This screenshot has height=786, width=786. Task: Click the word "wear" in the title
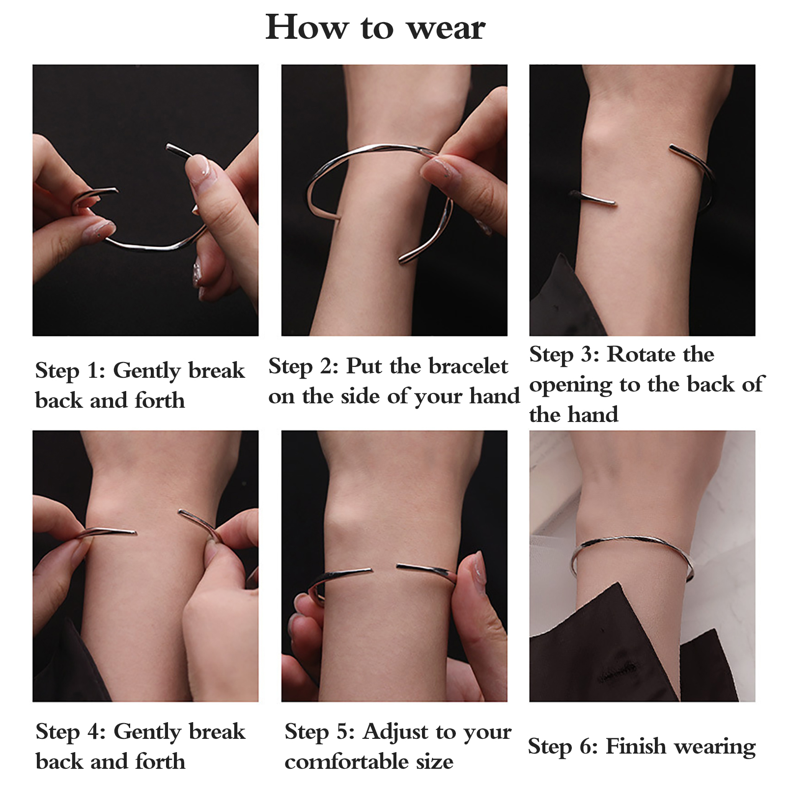pyautogui.click(x=447, y=28)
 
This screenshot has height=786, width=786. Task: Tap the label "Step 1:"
pyautogui.click(x=70, y=371)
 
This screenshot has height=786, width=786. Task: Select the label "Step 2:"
pyautogui.click(x=303, y=367)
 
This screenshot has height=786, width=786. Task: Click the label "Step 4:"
pyautogui.click(x=71, y=732)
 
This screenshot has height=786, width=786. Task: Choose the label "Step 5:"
pyautogui.click(x=319, y=732)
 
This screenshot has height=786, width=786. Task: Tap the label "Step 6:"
pyautogui.click(x=563, y=747)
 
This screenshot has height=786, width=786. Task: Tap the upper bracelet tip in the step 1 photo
pyautogui.click(x=168, y=146)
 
